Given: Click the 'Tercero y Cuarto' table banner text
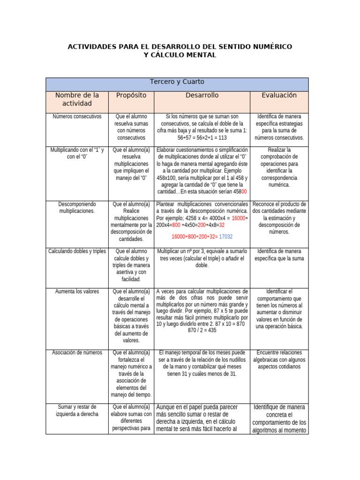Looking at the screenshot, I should pyautogui.click(x=177, y=82).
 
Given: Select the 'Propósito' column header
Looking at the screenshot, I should pyautogui.click(x=131, y=95).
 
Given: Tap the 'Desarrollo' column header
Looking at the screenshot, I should pyautogui.click(x=202, y=95).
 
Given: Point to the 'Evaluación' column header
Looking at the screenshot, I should pyautogui.click(x=279, y=95).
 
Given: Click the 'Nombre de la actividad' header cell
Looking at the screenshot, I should pyautogui.click(x=77, y=99).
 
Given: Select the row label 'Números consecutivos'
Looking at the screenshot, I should pyautogui.click(x=77, y=116).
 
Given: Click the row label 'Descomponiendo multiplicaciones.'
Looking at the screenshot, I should pyautogui.click(x=77, y=208).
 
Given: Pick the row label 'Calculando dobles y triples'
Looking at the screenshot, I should pyautogui.click(x=77, y=251).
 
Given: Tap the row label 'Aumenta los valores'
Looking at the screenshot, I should pyautogui.click(x=77, y=292).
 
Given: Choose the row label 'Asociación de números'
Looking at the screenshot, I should pyautogui.click(x=77, y=352).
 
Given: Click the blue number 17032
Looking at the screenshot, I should pyautogui.click(x=226, y=237).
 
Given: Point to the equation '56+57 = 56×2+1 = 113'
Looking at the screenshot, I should pyautogui.click(x=202, y=138).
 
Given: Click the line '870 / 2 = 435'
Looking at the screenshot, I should pyautogui.click(x=202, y=330).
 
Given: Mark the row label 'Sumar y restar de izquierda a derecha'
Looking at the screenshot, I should pyautogui.click(x=77, y=410).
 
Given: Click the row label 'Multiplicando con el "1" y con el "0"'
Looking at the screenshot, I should pyautogui.click(x=77, y=153).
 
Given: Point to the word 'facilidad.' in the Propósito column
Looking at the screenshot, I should pyautogui.click(x=131, y=279).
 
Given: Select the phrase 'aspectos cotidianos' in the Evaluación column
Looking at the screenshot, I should pyautogui.click(x=279, y=367).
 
